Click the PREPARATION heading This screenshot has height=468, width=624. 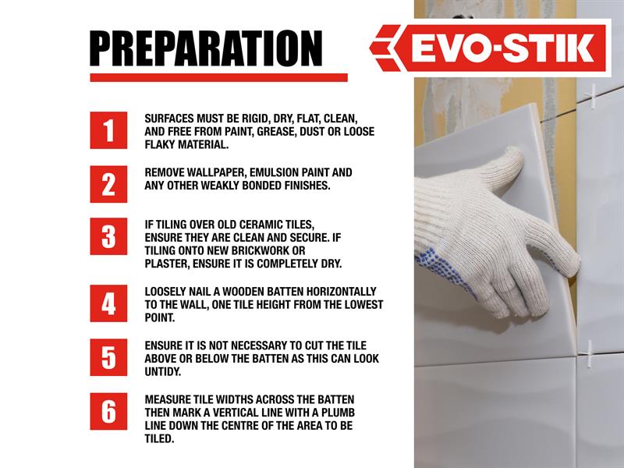point(206,48)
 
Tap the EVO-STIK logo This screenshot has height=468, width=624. point(490,48)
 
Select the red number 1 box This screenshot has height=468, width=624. point(108,130)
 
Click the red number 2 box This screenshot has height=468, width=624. point(108,184)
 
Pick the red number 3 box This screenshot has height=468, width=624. point(108,236)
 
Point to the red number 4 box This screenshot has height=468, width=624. point(108,303)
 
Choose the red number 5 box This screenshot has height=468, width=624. point(108,357)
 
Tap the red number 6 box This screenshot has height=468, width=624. point(108,412)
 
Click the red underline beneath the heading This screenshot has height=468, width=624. point(219,77)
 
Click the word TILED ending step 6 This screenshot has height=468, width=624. point(159,439)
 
